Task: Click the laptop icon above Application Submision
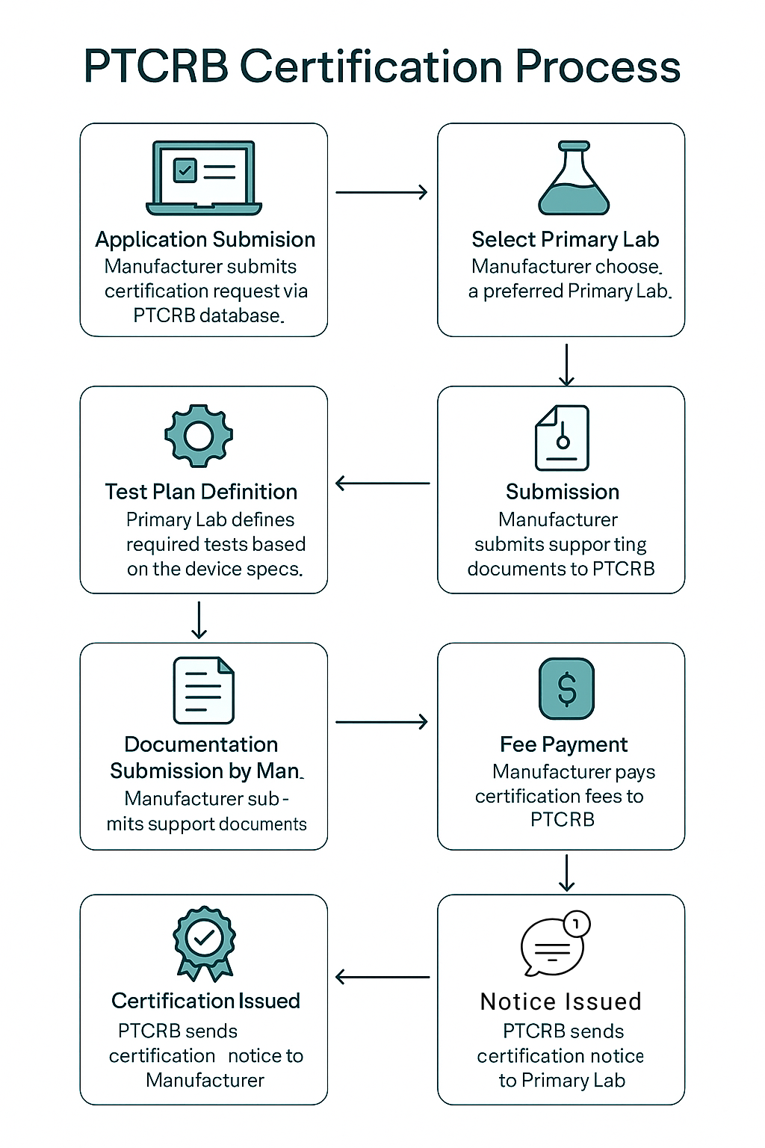click(204, 178)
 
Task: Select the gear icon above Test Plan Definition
click(199, 436)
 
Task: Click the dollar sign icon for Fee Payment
click(567, 688)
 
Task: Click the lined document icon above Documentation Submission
click(203, 690)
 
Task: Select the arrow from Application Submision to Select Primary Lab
click(381, 193)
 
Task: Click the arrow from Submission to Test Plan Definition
click(382, 484)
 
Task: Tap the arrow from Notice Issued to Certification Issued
click(382, 977)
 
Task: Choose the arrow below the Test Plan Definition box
click(199, 620)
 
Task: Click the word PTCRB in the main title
click(156, 67)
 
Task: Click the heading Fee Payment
click(564, 744)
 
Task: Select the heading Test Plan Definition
click(201, 492)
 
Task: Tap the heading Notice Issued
click(561, 1002)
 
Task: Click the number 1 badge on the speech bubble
click(576, 924)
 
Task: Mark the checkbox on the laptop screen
click(184, 170)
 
